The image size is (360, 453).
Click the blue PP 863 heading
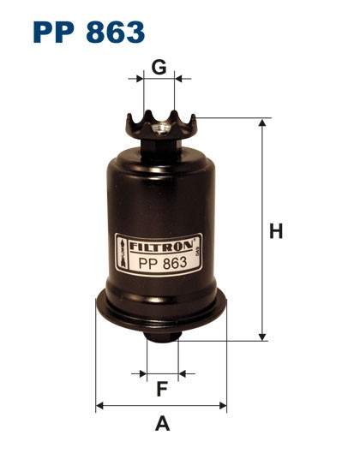pyautogui.click(x=89, y=32)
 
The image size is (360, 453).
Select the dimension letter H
pyautogui.click(x=276, y=231)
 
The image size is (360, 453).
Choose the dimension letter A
pyautogui.click(x=161, y=423)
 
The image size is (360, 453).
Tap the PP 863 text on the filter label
pyautogui.click(x=162, y=262)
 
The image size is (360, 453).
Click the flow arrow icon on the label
pyautogui.click(x=124, y=254)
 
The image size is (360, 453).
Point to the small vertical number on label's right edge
pyautogui.click(x=199, y=254)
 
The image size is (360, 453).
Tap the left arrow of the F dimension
pyautogui.click(x=141, y=374)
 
